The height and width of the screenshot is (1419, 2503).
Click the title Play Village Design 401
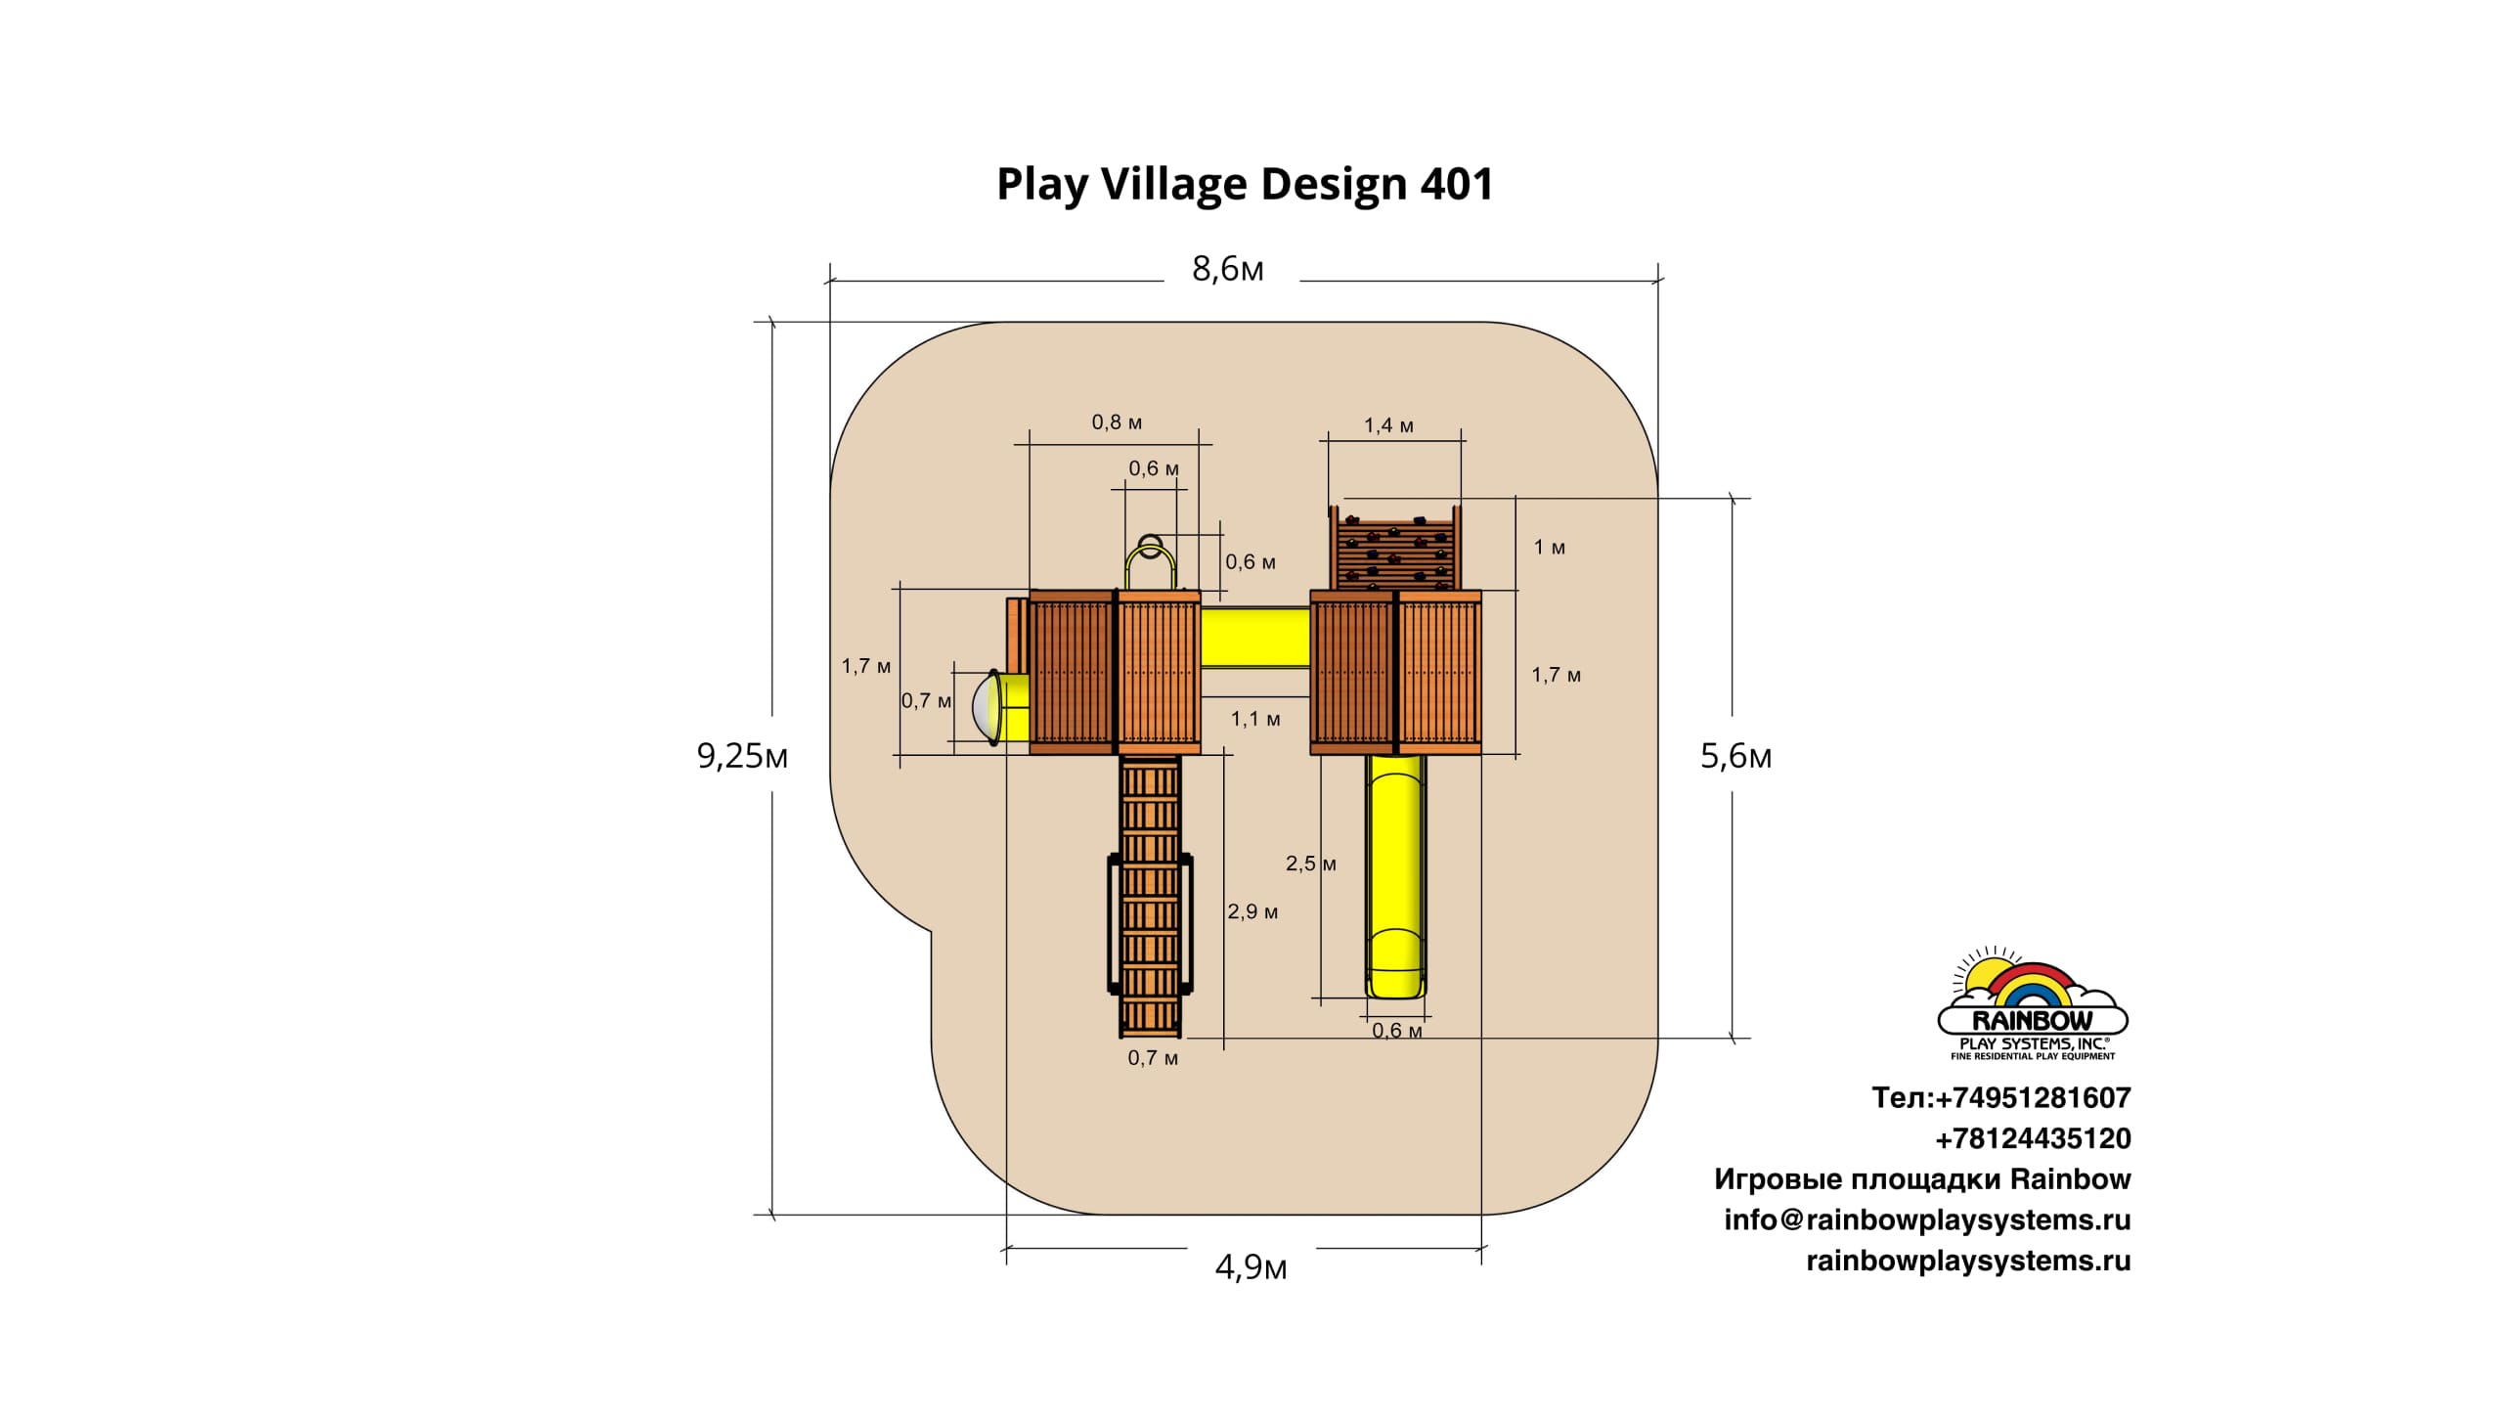pos(1244,184)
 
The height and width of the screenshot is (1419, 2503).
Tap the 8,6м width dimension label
pos(1227,269)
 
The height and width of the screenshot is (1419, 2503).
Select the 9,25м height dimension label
pos(742,756)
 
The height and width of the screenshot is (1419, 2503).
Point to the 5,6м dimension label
pos(1735,756)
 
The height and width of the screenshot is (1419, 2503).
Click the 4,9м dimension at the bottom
pos(1251,1267)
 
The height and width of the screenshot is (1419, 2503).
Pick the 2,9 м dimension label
pos(1252,911)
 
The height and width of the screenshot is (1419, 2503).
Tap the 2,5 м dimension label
pos(1310,864)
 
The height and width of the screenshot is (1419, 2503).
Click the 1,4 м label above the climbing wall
pos(1388,425)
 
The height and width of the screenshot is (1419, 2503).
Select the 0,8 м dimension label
pos(1117,422)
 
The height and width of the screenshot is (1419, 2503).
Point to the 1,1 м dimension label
pos(1255,719)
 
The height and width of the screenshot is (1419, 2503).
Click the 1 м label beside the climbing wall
pos(1549,548)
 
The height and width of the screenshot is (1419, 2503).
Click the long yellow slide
pos(1396,875)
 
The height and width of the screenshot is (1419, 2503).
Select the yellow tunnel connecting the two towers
pos(1254,637)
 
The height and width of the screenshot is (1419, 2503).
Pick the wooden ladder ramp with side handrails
pos(1151,895)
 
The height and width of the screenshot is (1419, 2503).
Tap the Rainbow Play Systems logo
pos(2032,1004)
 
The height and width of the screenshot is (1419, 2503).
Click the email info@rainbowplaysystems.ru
pos(1926,1219)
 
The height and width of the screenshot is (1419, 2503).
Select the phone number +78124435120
pos(2033,1138)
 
